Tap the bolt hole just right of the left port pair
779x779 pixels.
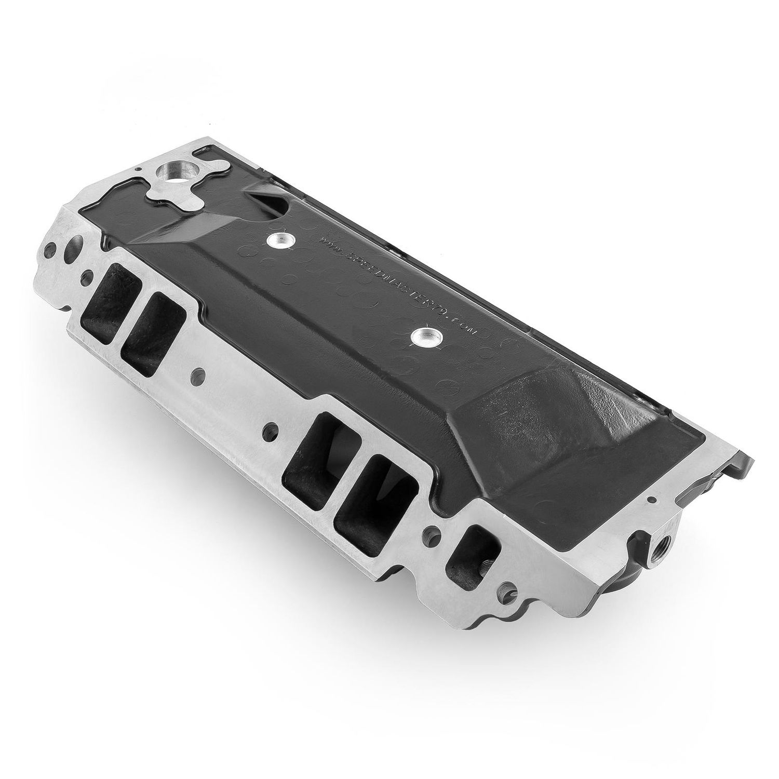pos(197,374)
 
